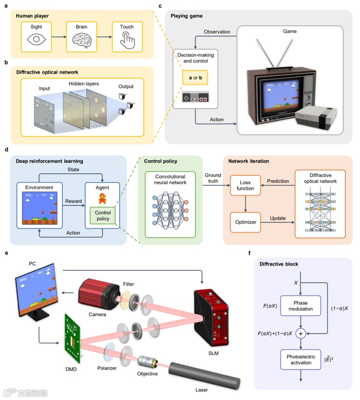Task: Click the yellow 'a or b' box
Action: (195, 77)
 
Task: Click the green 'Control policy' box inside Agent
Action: (103, 215)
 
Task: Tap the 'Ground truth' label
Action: (213, 178)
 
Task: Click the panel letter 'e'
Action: (6, 253)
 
